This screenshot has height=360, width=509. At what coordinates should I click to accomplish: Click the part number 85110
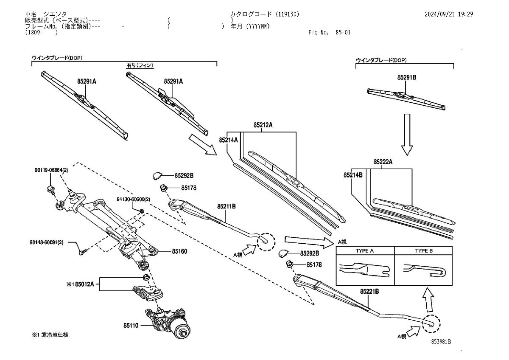click(131, 326)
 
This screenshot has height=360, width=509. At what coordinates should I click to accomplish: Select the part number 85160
click(179, 251)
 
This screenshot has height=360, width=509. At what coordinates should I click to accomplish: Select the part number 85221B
click(369, 292)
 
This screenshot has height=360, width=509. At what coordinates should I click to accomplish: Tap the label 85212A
click(263, 125)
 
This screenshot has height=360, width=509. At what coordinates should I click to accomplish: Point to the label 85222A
click(383, 162)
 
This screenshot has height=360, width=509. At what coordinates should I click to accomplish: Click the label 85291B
click(407, 78)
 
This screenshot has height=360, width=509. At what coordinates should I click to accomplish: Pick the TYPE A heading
click(364, 251)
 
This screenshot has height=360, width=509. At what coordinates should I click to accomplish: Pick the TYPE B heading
click(424, 251)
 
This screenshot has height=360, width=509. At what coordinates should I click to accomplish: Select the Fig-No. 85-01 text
click(329, 32)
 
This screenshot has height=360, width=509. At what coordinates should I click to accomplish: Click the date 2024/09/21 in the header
click(440, 14)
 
